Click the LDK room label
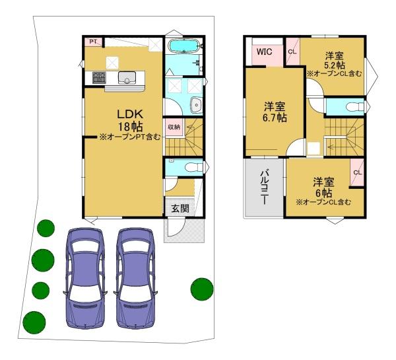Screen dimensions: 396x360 [130, 114]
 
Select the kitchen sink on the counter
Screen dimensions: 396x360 [127, 77]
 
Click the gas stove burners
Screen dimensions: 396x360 [99, 77]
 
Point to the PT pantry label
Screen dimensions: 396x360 [93, 42]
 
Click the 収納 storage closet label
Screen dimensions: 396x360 [174, 127]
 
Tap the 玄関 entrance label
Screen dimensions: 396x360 [180, 209]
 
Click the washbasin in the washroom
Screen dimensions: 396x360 [196, 104]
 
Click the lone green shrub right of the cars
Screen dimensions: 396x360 [202, 289]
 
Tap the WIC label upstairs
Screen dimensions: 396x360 [265, 52]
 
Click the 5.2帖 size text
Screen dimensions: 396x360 [335, 65]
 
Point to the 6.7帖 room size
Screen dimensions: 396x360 [275, 118]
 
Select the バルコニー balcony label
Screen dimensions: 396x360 [265, 187]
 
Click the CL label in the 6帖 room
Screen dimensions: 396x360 [357, 172]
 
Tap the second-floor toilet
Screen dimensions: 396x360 [354, 107]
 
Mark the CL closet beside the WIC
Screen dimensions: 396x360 [292, 52]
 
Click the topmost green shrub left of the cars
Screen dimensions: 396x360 [46, 229]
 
